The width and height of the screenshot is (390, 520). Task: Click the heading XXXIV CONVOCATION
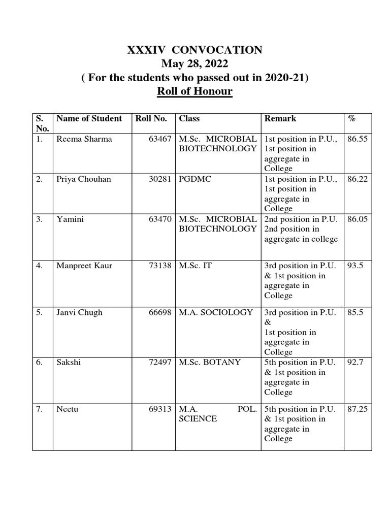194,50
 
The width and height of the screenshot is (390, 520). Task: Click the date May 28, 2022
194,64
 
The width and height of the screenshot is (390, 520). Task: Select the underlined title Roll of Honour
194,92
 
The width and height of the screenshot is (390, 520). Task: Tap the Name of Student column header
89,119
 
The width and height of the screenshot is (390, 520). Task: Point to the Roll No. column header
151,119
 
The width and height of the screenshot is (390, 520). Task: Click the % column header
351,119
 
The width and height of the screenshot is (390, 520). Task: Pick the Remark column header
280,119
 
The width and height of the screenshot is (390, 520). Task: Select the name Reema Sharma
84,139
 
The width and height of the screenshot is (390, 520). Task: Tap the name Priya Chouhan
84,179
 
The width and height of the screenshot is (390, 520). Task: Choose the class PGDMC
193,179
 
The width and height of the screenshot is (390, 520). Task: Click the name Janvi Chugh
79,312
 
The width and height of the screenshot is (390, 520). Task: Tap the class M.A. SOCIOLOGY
215,312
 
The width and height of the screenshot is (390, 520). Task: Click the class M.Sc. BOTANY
210,363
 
